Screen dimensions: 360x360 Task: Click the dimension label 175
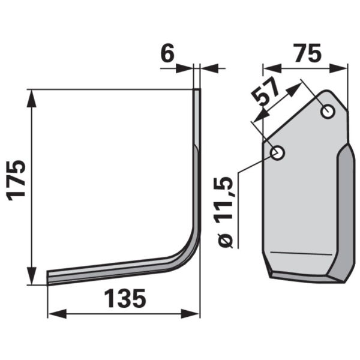pyautogui.click(x=17, y=180)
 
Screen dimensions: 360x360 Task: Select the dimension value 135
pyautogui.click(x=125, y=298)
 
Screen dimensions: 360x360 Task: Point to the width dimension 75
pyautogui.click(x=308, y=53)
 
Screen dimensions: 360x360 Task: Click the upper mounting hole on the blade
pyautogui.click(x=328, y=112)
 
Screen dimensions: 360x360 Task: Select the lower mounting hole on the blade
pyautogui.click(x=278, y=152)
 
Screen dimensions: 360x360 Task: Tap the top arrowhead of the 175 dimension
pyautogui.click(x=32, y=98)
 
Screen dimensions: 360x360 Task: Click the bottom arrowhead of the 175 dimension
pyautogui.click(x=32, y=276)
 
